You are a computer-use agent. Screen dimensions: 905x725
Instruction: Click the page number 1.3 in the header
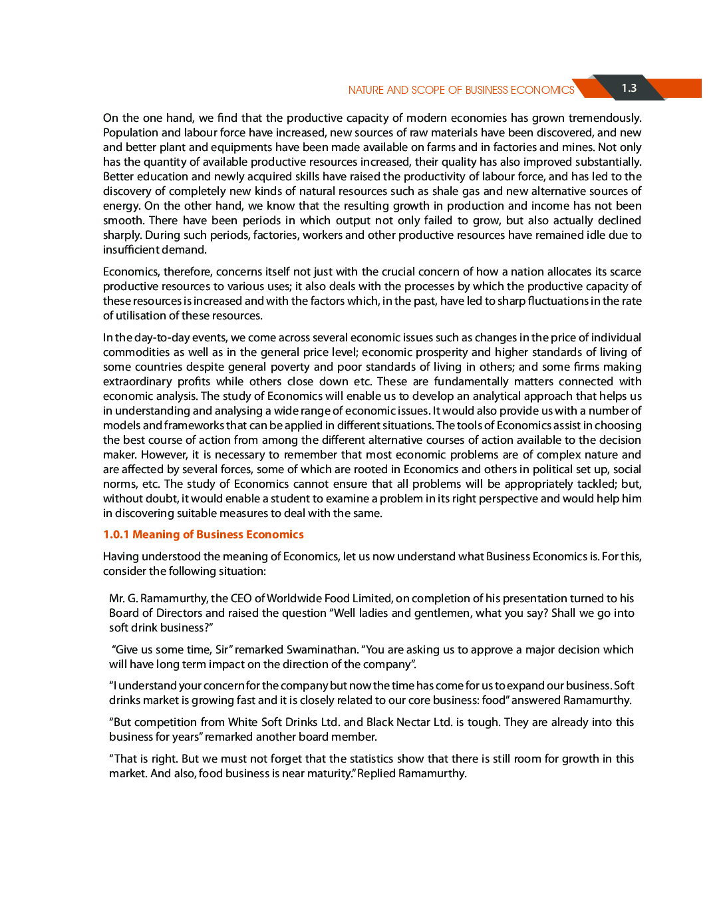(x=629, y=88)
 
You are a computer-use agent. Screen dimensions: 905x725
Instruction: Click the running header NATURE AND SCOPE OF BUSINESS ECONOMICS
(x=461, y=90)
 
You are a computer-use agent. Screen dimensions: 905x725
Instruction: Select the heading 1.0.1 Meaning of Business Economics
(x=203, y=534)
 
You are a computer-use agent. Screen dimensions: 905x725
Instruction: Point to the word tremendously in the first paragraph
(x=605, y=118)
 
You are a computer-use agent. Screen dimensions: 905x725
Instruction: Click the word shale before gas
(x=445, y=191)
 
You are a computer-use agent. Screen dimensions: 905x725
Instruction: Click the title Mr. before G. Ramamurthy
(x=116, y=598)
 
